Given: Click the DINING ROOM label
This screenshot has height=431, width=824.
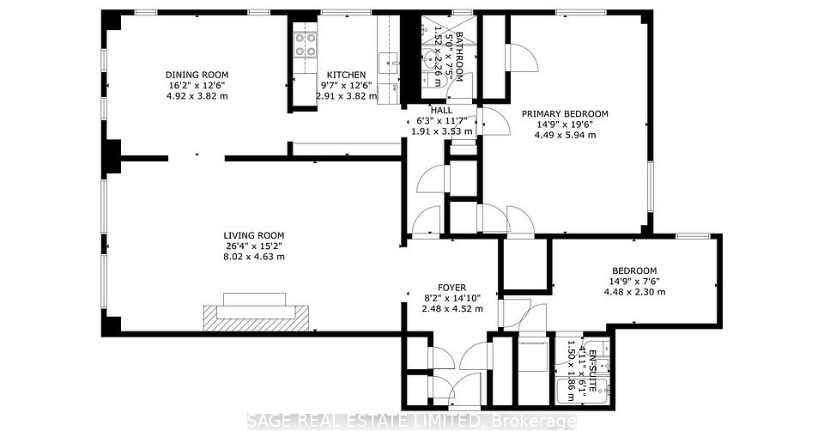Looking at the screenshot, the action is [197, 76].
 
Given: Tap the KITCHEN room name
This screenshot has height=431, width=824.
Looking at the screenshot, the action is [346, 76].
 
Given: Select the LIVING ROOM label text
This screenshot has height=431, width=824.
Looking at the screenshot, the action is [254, 236].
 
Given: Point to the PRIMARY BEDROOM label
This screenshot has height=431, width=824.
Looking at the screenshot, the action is [565, 114].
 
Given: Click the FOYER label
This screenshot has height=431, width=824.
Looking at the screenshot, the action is [452, 288].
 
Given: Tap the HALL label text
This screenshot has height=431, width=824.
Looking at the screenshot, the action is [441, 111].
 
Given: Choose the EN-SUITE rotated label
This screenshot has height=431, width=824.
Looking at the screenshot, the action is [593, 370].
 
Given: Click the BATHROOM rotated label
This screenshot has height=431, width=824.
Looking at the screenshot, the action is [459, 57].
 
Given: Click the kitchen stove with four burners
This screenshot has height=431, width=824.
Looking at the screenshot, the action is [306, 45].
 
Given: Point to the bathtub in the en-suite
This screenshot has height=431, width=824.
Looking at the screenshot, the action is [582, 391].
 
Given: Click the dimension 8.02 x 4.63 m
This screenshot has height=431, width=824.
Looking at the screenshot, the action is [254, 257].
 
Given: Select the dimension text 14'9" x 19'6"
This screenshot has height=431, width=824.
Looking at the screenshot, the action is [565, 124].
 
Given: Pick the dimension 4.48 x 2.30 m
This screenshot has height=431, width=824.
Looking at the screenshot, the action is [634, 292].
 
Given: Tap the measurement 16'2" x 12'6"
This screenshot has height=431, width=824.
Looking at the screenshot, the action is [197, 86].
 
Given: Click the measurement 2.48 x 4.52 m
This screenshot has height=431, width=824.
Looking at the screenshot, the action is [452, 308].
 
